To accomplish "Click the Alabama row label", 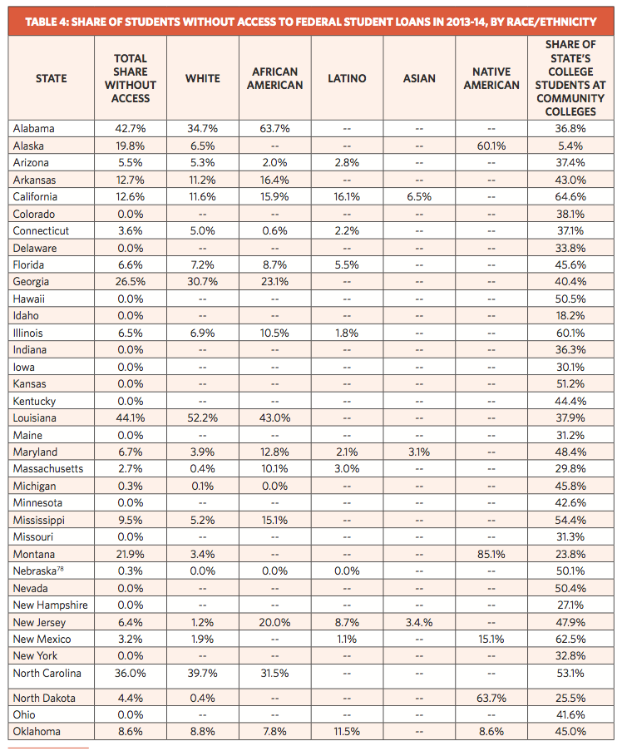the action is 33,128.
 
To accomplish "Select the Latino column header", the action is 347,78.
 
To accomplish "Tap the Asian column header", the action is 419,78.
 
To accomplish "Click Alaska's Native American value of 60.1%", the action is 491,146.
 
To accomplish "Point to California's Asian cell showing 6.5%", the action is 419,197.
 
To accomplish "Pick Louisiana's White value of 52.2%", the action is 203,417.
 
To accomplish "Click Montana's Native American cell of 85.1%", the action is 491,554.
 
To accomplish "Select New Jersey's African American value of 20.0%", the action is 275,622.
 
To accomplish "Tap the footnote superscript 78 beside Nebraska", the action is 61,569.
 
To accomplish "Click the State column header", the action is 52,78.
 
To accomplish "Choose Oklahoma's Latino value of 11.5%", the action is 347,731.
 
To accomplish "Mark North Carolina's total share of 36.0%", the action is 131,673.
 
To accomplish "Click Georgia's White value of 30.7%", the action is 203,282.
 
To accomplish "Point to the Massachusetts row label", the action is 48,468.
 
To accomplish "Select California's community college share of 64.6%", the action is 570,197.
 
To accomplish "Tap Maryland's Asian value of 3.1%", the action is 419,452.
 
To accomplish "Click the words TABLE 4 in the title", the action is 47,22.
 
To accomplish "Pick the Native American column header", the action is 491,78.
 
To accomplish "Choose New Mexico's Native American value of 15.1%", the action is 491,639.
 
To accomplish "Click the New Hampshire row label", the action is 50,605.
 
